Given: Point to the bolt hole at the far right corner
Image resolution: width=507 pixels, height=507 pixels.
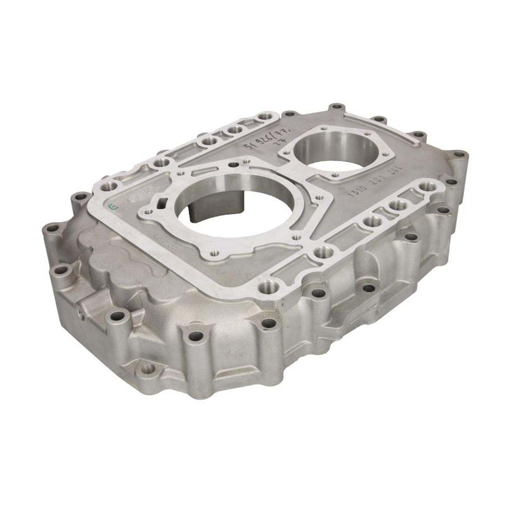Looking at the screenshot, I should point(459,155).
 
